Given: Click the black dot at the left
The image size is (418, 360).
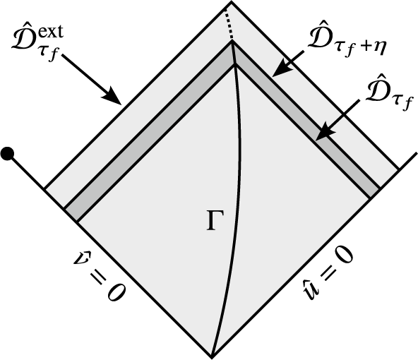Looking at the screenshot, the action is tap(9, 152).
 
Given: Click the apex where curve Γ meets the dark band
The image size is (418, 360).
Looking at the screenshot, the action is tap(232, 44).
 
